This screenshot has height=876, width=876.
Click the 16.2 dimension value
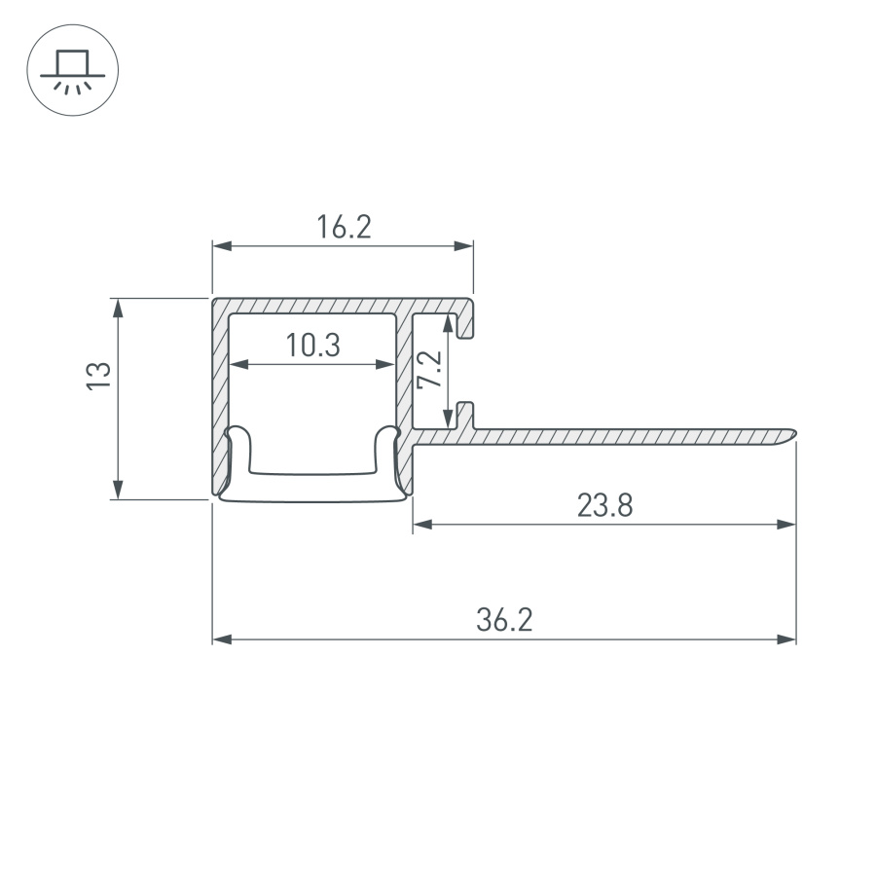click(344, 228)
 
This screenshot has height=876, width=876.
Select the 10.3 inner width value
click(312, 346)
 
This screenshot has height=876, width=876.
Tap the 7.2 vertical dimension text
click(429, 371)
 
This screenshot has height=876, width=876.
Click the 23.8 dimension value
click(604, 505)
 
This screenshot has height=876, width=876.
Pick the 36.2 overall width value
click(504, 620)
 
